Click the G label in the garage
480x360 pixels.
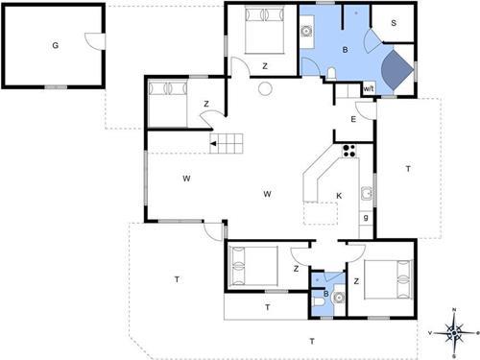click(x=56, y=45)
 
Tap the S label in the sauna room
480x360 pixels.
click(x=394, y=23)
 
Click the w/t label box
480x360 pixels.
click(x=369, y=88)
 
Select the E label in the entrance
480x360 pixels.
click(x=353, y=119)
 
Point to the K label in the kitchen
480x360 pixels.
click(x=339, y=196)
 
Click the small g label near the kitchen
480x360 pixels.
click(x=366, y=218)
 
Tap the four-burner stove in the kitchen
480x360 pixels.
click(x=349, y=151)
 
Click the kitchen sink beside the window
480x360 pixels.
click(x=367, y=193)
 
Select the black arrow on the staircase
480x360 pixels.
click(x=213, y=144)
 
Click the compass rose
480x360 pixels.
click(x=454, y=334)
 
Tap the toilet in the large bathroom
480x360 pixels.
click(x=331, y=73)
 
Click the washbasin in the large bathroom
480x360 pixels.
click(x=306, y=32)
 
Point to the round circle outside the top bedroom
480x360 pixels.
click(x=265, y=88)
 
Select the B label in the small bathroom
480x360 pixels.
click(x=325, y=294)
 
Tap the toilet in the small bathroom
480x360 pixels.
click(x=319, y=301)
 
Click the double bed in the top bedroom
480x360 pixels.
click(x=265, y=30)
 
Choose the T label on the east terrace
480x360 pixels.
click(x=408, y=169)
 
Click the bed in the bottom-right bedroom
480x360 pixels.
click(x=388, y=279)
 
